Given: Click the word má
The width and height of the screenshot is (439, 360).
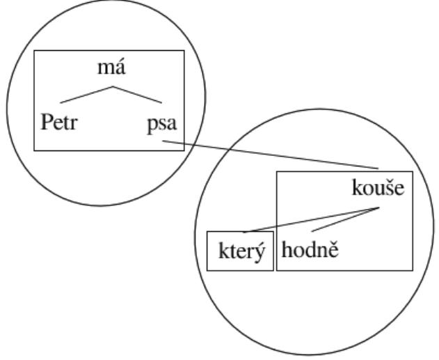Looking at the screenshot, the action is click(x=111, y=68).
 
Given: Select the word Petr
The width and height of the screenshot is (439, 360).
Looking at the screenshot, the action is click(x=59, y=122).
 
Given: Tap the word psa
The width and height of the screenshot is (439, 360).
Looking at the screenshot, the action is click(x=162, y=124).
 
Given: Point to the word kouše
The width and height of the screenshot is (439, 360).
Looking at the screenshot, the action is click(x=378, y=187).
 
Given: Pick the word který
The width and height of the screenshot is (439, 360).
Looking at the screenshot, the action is click(x=241, y=251).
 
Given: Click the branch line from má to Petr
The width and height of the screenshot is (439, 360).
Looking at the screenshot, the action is click(x=86, y=95).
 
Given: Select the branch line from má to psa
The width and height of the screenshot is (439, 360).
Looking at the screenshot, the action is click(x=137, y=95).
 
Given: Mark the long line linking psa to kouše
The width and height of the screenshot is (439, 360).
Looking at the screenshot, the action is click(x=271, y=155).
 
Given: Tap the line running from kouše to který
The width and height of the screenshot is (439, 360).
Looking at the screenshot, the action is click(x=311, y=220).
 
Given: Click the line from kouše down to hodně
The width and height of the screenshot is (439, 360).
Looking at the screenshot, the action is click(x=345, y=219).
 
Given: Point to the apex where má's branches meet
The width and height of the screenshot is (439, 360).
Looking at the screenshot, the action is click(x=113, y=86).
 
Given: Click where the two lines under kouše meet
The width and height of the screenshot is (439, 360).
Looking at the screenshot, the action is click(x=378, y=208).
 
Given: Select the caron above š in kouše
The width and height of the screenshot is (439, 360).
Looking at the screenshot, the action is click(x=388, y=180).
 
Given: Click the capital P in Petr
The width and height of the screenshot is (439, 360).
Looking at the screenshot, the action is click(x=47, y=122).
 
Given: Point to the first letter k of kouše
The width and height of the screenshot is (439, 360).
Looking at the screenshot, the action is click(x=357, y=187).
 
